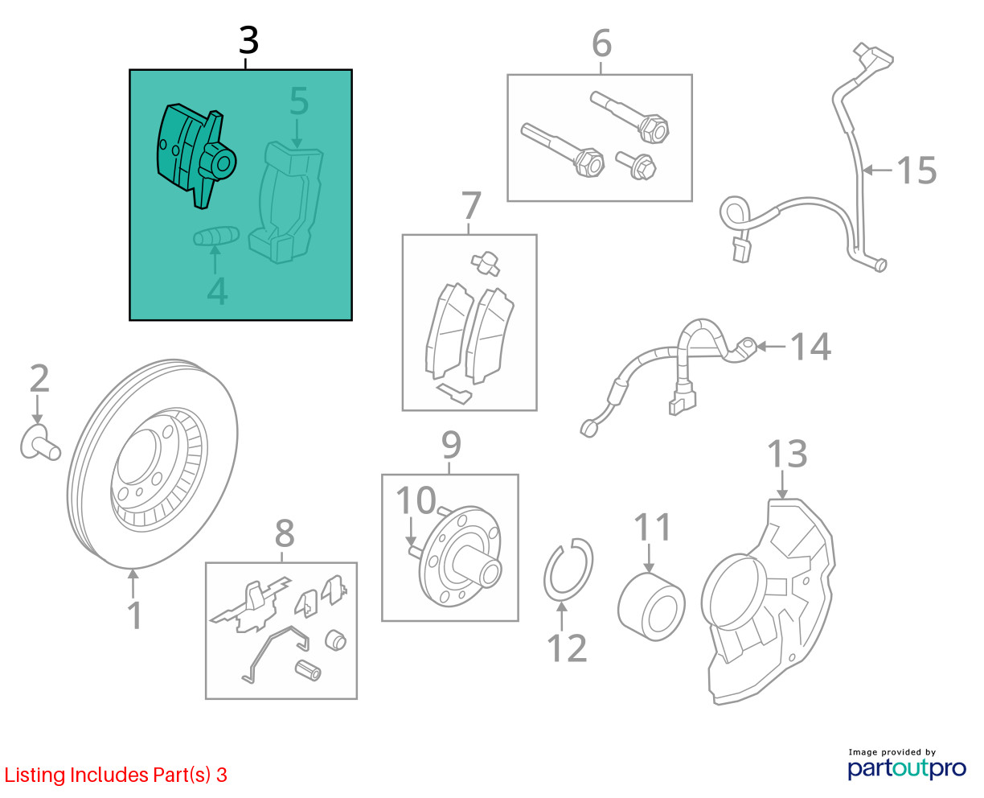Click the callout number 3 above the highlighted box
[x=248, y=40]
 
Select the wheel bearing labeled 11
[x=651, y=606]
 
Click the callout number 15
[x=916, y=171]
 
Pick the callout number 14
[x=811, y=346]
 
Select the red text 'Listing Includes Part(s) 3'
[x=116, y=775]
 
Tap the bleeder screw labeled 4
[x=216, y=236]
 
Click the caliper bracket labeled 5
[x=286, y=203]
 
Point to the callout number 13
[x=787, y=454]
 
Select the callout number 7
[x=471, y=205]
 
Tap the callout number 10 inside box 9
[x=416, y=500]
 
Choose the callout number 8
[x=285, y=533]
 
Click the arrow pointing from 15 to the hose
[x=877, y=171]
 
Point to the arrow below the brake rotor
[x=133, y=583]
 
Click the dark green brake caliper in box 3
[x=196, y=155]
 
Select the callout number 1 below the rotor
[x=134, y=615]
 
